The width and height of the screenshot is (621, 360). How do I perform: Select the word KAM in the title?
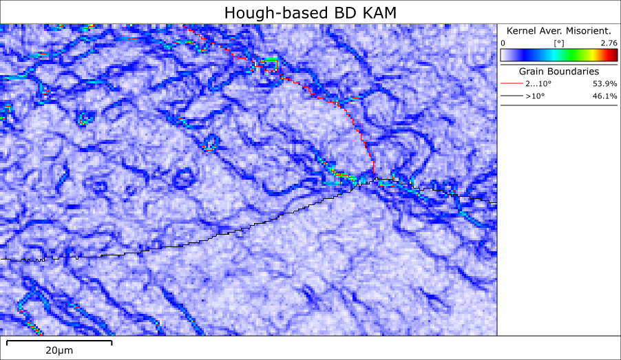(377, 12)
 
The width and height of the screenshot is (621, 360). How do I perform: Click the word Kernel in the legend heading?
(522, 31)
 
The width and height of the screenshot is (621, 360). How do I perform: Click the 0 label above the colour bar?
(503, 43)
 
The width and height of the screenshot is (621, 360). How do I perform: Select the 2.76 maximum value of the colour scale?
(609, 43)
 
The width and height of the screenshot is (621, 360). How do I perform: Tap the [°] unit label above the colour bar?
(559, 43)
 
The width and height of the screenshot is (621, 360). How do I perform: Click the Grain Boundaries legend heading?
(558, 71)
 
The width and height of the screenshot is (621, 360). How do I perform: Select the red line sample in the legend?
(510, 83)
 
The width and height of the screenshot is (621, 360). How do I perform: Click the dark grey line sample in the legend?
(510, 96)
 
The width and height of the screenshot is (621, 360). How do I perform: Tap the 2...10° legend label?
(537, 83)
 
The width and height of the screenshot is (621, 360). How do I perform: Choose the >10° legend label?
(535, 96)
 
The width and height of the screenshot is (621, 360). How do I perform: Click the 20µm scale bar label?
(59, 350)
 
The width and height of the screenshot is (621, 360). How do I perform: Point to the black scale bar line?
(59, 341)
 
